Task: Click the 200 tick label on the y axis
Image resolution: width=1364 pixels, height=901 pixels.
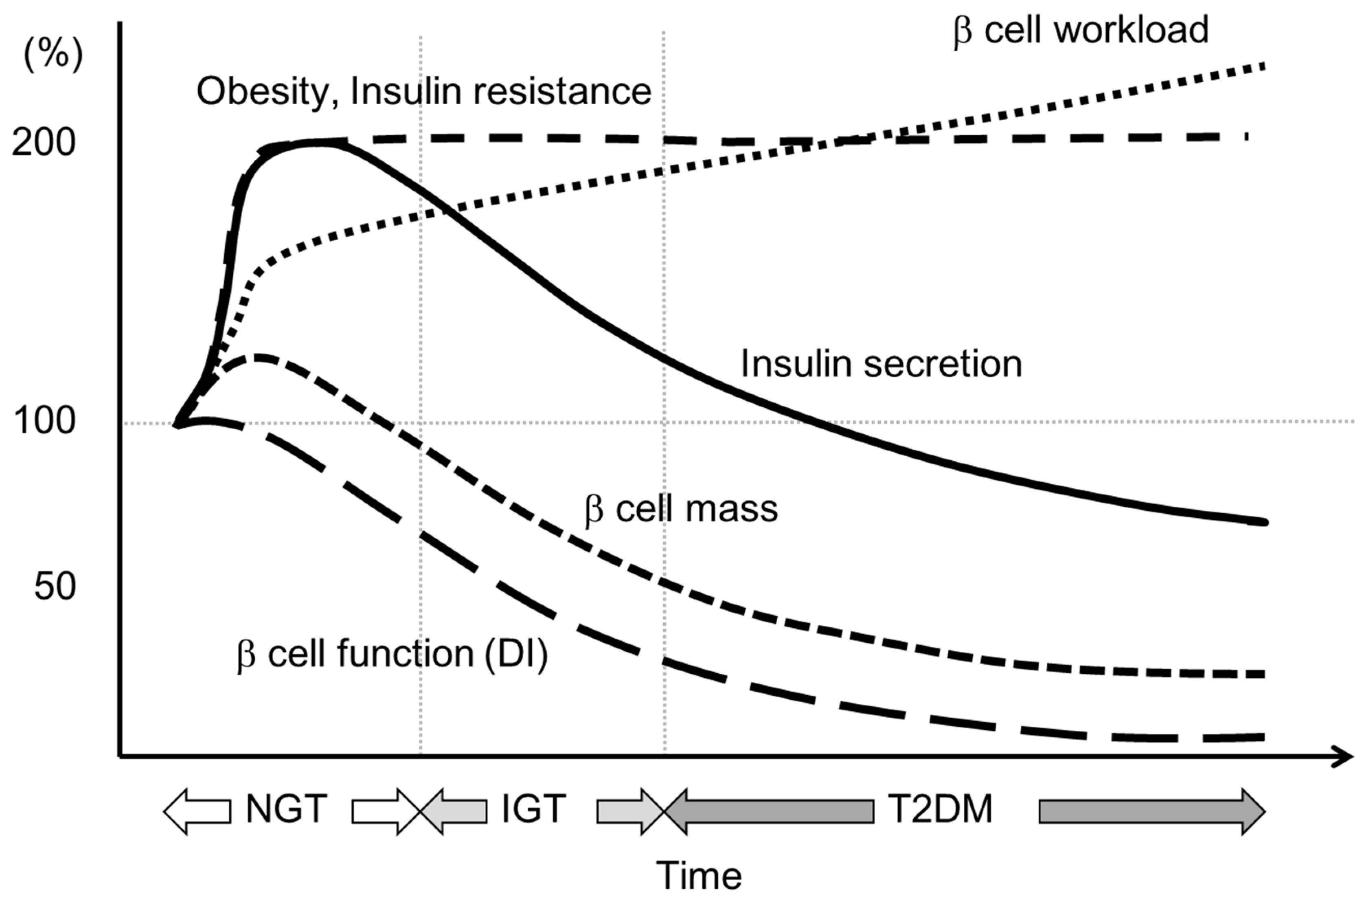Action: coord(44,142)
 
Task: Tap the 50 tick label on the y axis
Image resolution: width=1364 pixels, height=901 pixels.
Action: coord(55,587)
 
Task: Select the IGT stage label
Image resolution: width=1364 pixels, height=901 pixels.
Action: coord(533,809)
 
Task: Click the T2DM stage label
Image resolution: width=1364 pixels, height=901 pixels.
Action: coord(940,809)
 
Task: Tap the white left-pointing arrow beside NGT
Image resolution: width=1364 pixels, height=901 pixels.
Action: coord(197,811)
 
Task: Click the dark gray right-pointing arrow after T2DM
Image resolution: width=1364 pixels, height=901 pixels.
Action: coord(1151,811)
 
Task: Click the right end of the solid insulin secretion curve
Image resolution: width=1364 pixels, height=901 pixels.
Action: coord(1263,522)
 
